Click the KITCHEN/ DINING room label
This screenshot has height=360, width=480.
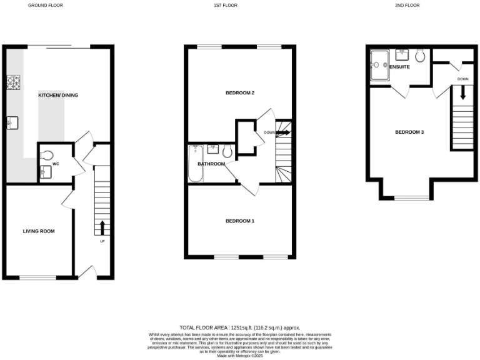[58, 95]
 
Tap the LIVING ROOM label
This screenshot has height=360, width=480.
[39, 231]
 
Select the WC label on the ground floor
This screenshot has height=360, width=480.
[56, 164]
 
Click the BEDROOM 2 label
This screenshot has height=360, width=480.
[240, 93]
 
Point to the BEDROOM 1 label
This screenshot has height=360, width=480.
[240, 221]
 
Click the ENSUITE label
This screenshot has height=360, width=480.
[400, 66]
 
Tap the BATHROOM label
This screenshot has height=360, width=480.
[211, 164]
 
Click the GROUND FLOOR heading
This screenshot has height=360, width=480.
[46, 5]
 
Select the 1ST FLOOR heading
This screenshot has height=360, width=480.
[226, 5]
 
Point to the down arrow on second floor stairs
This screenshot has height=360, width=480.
[463, 93]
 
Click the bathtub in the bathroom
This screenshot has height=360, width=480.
[194, 164]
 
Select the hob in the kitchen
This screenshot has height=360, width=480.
[13, 82]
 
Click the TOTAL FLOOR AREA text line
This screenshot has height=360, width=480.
[240, 327]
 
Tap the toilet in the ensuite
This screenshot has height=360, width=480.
[420, 56]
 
